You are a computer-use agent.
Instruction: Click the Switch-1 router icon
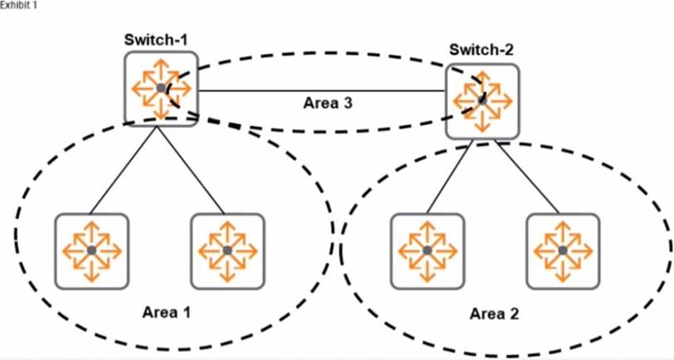click(161, 88)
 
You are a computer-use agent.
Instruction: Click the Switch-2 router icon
click(482, 100)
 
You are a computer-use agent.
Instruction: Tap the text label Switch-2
click(481, 50)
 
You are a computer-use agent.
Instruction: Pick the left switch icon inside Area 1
click(91, 250)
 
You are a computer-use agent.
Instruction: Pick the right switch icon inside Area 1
click(227, 250)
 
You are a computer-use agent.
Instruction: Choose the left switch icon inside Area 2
click(427, 250)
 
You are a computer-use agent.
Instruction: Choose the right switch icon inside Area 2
click(563, 250)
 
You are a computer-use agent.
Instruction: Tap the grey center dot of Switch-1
click(160, 88)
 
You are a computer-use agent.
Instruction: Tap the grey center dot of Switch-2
click(482, 100)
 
